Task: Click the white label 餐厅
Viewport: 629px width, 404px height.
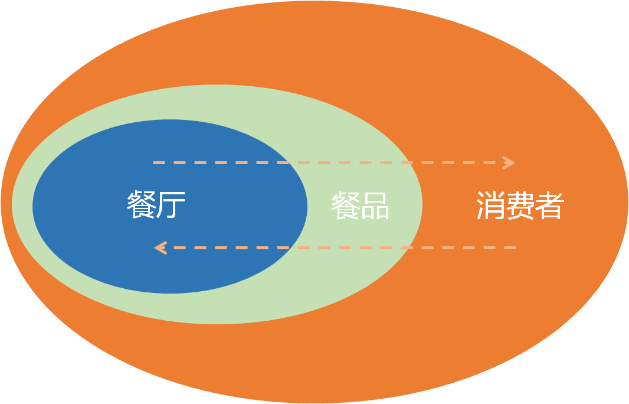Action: point(156,205)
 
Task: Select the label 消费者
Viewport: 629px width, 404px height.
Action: point(520,206)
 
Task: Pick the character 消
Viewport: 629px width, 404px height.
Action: point(490,206)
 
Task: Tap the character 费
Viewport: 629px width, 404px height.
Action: point(520,206)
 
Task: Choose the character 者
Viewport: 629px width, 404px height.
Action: point(549,206)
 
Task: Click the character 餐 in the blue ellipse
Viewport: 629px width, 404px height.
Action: point(141,205)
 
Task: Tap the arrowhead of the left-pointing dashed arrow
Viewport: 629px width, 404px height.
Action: point(159,247)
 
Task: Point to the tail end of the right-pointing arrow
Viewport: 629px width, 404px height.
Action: point(155,162)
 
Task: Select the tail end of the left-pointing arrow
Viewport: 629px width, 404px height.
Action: point(515,247)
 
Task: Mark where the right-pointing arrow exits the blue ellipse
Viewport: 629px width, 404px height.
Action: point(290,162)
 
